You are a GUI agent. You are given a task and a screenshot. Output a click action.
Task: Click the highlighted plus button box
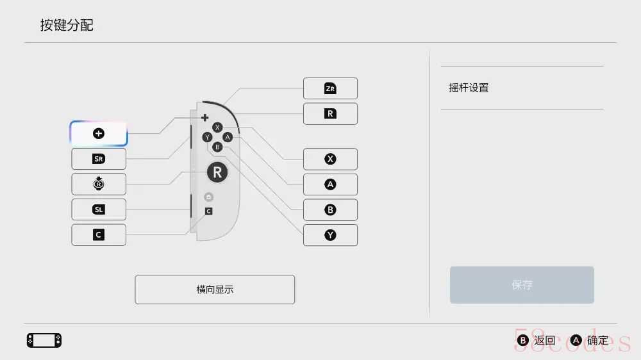(x=99, y=134)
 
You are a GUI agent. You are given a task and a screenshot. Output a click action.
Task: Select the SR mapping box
(x=99, y=159)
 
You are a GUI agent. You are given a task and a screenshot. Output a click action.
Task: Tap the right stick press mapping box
(x=99, y=184)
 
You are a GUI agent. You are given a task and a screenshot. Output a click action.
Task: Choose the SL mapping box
(x=99, y=209)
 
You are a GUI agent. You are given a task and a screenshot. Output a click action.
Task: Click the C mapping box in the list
(x=99, y=235)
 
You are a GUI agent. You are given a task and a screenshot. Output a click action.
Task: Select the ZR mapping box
(x=330, y=88)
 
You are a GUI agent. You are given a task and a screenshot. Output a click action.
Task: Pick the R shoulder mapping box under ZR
(x=330, y=113)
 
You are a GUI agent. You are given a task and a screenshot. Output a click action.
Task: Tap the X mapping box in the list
(x=330, y=159)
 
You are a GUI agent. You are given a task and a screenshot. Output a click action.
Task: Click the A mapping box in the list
(x=330, y=184)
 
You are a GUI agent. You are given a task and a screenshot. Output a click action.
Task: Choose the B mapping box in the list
(x=330, y=209)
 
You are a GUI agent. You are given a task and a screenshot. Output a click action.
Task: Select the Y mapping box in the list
(x=330, y=235)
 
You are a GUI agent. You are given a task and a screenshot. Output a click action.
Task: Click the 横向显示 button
(x=215, y=290)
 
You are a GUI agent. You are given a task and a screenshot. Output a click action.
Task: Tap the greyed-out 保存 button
(x=522, y=285)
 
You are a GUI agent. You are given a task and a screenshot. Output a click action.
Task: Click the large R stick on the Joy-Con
(x=217, y=172)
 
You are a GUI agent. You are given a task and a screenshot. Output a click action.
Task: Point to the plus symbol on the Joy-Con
(x=205, y=118)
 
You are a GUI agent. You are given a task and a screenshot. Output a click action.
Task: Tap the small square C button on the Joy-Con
(x=208, y=211)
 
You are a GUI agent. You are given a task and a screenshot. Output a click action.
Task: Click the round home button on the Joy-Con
(x=208, y=197)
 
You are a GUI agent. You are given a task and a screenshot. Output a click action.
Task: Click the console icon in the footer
(x=44, y=340)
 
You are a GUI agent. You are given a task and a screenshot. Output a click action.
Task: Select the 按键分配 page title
(x=67, y=26)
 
